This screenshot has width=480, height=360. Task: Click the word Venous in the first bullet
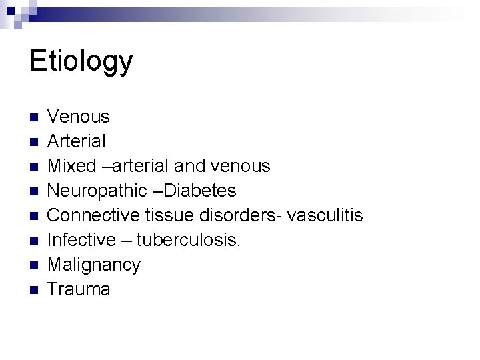pyautogui.click(x=79, y=117)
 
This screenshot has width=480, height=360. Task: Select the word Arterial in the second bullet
pyautogui.click(x=77, y=141)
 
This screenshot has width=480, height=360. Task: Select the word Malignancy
pyautogui.click(x=94, y=265)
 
